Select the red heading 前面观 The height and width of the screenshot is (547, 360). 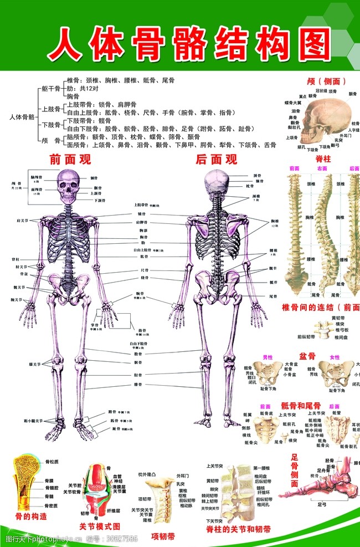pyautogui.click(x=70, y=160)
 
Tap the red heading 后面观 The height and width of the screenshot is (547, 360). pyautogui.click(x=217, y=160)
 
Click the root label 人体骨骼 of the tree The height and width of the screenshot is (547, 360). pyautogui.click(x=22, y=117)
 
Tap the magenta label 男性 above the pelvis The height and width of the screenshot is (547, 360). pyautogui.click(x=268, y=357)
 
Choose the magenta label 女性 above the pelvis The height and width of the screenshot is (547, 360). pyautogui.click(x=335, y=357)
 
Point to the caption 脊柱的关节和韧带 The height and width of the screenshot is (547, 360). pyautogui.click(x=238, y=530)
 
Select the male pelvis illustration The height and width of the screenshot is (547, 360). pyautogui.click(x=268, y=372)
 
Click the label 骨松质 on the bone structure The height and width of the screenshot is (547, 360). pyautogui.click(x=52, y=461)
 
